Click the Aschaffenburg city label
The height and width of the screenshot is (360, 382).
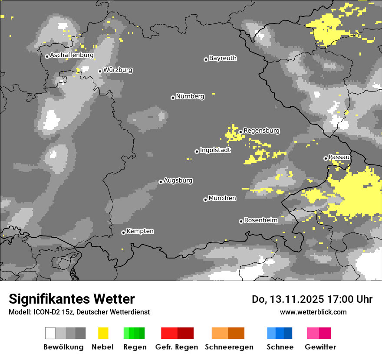pyautogui.click(x=72, y=55)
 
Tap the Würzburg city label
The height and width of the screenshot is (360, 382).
pyautogui.click(x=118, y=70)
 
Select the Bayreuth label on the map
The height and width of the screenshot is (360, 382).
pyautogui.click(x=223, y=58)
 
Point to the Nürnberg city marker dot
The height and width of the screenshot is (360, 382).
pyautogui.click(x=173, y=98)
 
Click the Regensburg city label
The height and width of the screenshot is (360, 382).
pyautogui.click(x=261, y=131)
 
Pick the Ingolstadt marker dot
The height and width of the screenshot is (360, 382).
pyautogui.click(x=197, y=151)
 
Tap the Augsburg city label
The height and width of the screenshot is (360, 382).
pyautogui.click(x=178, y=180)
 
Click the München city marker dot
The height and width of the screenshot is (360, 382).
pyautogui.click(x=205, y=200)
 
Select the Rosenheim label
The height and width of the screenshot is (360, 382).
pyautogui.click(x=260, y=220)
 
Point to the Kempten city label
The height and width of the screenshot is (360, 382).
pyautogui.click(x=140, y=231)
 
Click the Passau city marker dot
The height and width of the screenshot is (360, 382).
pyautogui.click(x=326, y=158)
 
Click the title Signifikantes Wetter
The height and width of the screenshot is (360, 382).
pyautogui.click(x=72, y=299)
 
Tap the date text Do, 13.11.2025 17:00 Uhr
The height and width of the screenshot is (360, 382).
pyautogui.click(x=312, y=299)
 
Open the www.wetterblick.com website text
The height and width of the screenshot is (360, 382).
pyautogui.click(x=313, y=312)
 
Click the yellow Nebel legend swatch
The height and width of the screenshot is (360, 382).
pyautogui.click(x=103, y=333)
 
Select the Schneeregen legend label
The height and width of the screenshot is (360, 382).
pyautogui.click(x=229, y=347)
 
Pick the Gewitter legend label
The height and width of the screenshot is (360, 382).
pyautogui.click(x=320, y=347)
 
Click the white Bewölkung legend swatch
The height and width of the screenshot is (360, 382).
pyautogui.click(x=50, y=333)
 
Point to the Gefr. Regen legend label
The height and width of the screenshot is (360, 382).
pyautogui.click(x=176, y=347)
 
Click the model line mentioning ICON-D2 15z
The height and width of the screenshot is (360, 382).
pyautogui.click(x=79, y=312)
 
